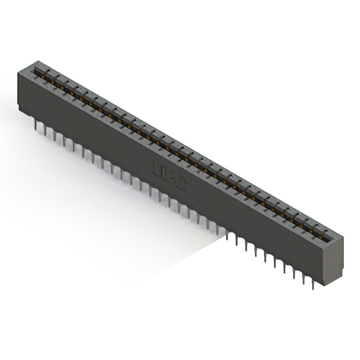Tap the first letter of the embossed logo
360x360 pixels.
tap(158, 168)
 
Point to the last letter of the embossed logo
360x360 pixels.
tap(183, 184)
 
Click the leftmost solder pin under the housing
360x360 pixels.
tap(36, 126)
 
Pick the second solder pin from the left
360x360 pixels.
tap(45, 131)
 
